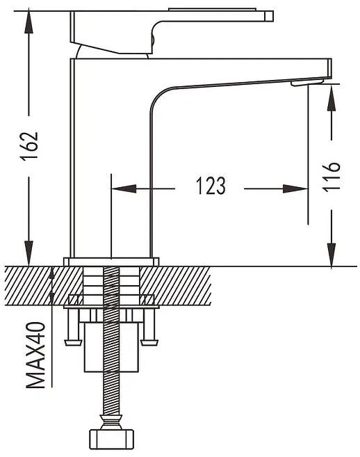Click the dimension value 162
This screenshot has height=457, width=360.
pos(29,146)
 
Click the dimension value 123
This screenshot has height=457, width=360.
pos(211,185)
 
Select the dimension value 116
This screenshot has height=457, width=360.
pos(332,177)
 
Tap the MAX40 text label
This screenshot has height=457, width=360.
pos(36,355)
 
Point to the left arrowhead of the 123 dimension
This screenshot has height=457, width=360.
pos(124,189)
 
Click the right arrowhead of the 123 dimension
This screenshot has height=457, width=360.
pos(295,189)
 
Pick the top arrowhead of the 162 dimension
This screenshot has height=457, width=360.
pos(28,22)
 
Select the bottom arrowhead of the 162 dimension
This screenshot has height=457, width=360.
pos(28,252)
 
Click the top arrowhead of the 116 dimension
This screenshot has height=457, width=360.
pos(332,97)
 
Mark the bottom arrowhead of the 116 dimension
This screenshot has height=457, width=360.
pos(332,255)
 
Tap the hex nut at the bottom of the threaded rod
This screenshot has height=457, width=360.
pos(111,439)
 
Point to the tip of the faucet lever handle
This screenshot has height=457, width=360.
pos(269,16)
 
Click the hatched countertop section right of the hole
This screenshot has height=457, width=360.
pos(175,286)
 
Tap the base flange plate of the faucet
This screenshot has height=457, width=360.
pos(111,262)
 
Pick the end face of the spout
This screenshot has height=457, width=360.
pos(329,68)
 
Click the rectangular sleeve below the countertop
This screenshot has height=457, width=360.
pos(111,347)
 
